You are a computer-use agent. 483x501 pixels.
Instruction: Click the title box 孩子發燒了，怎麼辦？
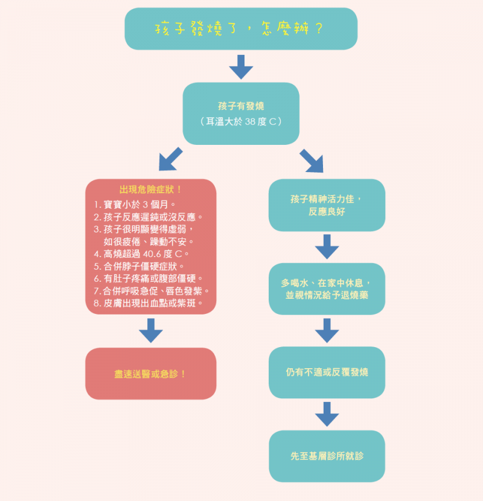(241, 29)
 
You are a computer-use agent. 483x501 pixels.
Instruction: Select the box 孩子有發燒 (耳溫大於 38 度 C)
(241, 113)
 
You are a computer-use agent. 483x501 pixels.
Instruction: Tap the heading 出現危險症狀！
(151, 190)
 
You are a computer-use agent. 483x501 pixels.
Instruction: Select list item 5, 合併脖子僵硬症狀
(139, 266)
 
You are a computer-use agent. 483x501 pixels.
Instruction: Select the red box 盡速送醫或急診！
(151, 374)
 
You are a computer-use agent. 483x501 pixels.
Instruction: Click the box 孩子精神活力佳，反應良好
(327, 205)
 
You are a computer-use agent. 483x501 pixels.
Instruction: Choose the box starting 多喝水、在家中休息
(327, 289)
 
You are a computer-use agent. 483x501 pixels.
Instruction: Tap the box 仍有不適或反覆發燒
(327, 372)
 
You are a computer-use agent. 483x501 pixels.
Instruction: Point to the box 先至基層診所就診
(327, 456)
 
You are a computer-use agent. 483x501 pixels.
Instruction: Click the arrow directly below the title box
(241, 66)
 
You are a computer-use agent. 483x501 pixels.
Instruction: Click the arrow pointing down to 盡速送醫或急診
(151, 331)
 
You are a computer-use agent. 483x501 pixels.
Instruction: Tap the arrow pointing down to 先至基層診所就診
(327, 414)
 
